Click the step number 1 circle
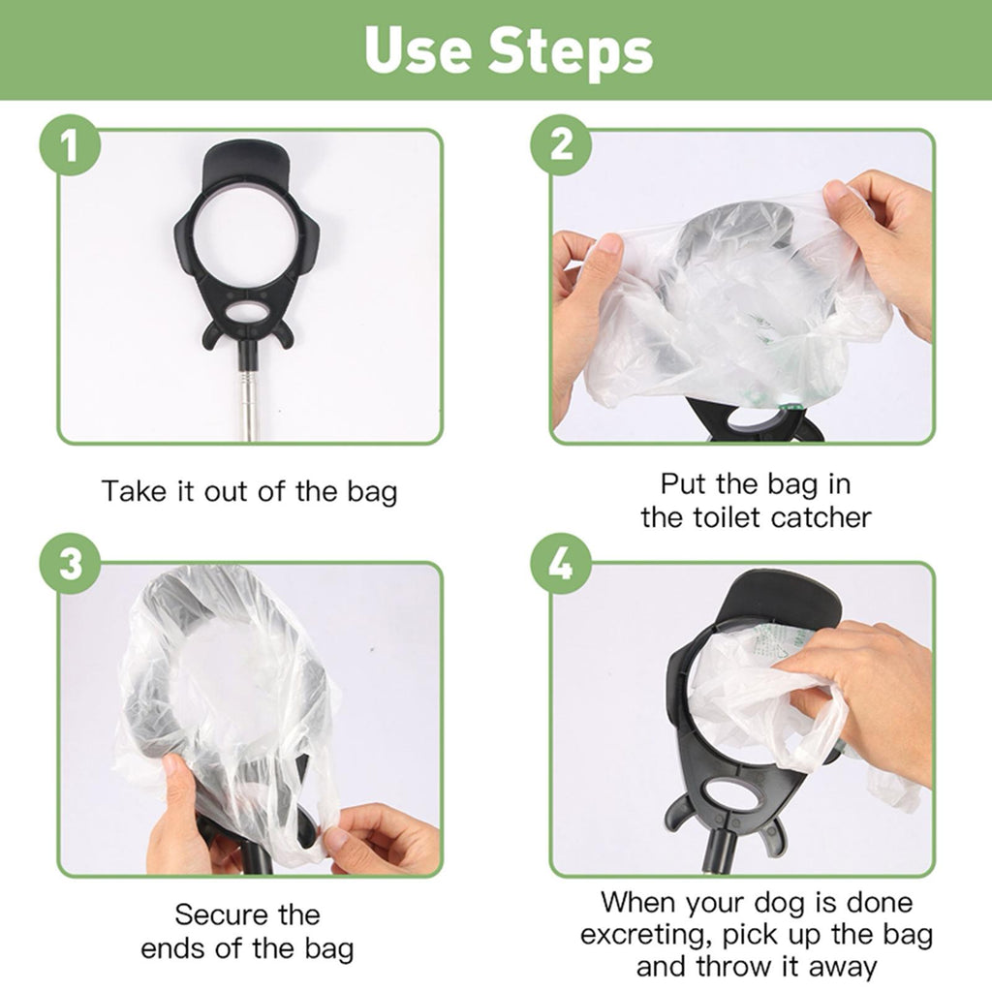[70, 145]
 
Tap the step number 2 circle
[561, 145]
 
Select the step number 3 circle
[70, 563]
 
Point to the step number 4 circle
[561, 563]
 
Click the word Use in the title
[418, 50]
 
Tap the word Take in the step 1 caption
[133, 491]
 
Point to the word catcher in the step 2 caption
[821, 517]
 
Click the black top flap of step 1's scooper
[246, 163]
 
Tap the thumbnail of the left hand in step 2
[608, 243]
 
